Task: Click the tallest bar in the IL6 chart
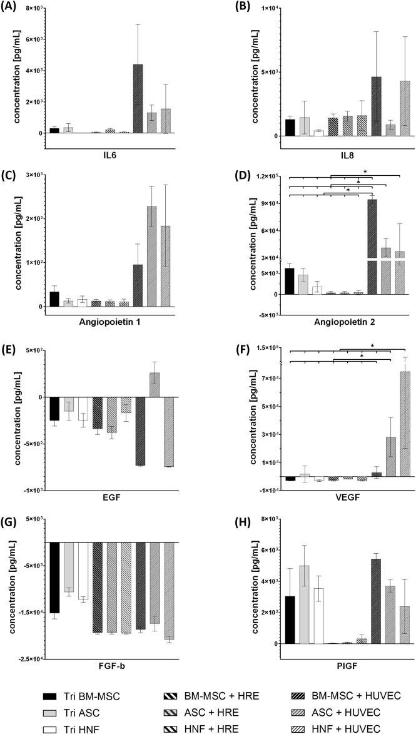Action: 138,99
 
